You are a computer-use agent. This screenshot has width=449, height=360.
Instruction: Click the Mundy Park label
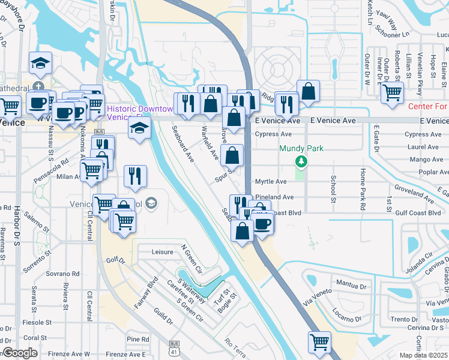[301, 148]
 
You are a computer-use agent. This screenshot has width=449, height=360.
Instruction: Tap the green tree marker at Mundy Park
[301, 161]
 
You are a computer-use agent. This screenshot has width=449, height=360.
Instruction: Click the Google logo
[20, 353]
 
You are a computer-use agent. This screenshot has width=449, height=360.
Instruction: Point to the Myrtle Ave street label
[271, 181]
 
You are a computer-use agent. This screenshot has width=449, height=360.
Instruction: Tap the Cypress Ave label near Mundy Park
[273, 134]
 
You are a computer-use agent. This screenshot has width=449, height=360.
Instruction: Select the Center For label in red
[428, 107]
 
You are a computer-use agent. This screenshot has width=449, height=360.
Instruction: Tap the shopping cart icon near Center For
[392, 93]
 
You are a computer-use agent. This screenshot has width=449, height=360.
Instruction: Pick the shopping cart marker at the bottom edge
[319, 343]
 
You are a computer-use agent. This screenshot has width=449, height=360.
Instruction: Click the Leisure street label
[162, 253]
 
